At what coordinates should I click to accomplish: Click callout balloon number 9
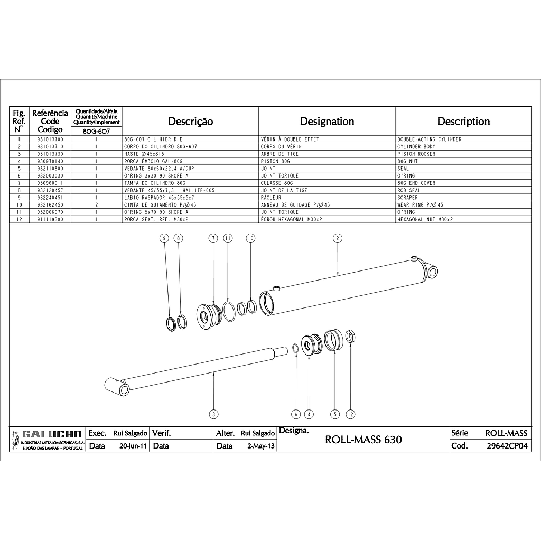tap(165, 238)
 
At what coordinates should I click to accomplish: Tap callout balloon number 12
tap(350, 414)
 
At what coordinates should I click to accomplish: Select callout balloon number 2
tap(338, 238)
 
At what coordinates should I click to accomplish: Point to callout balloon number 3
tap(214, 414)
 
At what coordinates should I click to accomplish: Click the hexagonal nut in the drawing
tap(350, 336)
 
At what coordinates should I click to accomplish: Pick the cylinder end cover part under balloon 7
tap(209, 316)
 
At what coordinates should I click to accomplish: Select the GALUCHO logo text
tap(52, 434)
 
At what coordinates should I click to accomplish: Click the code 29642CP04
tap(507, 446)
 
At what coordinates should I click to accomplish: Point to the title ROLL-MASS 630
tap(363, 440)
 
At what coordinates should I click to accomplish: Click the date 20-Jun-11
tap(133, 446)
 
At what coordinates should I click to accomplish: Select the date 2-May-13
tap(261, 446)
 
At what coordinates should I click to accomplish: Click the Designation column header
tap(327, 122)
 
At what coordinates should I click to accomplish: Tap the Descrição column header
tap(190, 122)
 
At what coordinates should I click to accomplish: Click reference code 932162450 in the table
tap(50, 205)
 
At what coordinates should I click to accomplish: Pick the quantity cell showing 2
tap(97, 205)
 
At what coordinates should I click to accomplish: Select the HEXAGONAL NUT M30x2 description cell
tap(425, 219)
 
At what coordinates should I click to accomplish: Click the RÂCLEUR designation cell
tap(271, 198)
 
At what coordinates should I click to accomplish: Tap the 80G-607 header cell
tap(97, 131)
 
